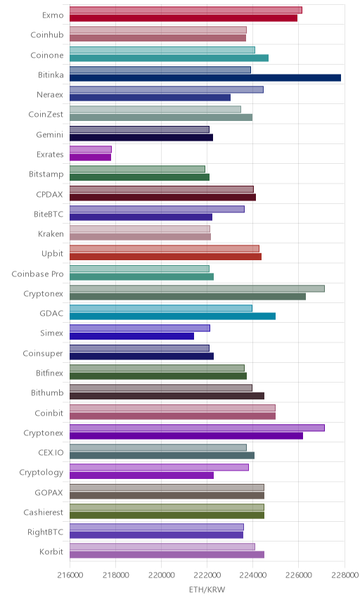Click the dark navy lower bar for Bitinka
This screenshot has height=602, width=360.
click(x=205, y=78)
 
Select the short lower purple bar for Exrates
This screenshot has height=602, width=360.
click(x=90, y=158)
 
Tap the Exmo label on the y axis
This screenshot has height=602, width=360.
click(x=53, y=15)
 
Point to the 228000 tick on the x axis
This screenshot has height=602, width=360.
click(x=345, y=575)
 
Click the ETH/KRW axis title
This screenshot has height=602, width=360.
click(x=207, y=589)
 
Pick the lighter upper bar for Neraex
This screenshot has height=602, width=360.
click(x=167, y=89)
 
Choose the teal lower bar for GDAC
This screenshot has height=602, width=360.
click(x=173, y=316)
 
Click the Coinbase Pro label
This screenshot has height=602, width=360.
click(x=37, y=274)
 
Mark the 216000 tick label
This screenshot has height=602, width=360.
click(x=70, y=575)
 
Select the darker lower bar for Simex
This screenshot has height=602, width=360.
click(x=131, y=336)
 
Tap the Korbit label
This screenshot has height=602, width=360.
click(x=51, y=551)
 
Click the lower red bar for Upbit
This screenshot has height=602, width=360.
click(x=165, y=257)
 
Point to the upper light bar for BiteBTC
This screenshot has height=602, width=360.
click(x=157, y=209)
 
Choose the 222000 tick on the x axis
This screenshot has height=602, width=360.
click(x=207, y=575)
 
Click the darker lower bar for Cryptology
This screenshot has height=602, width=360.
click(x=141, y=475)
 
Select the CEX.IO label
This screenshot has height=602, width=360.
click(x=51, y=453)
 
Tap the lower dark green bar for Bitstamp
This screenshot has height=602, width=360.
click(x=140, y=177)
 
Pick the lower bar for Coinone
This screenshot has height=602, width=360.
click(x=169, y=58)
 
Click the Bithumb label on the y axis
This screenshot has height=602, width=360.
click(x=47, y=392)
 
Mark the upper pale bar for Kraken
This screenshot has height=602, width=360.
click(x=140, y=229)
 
